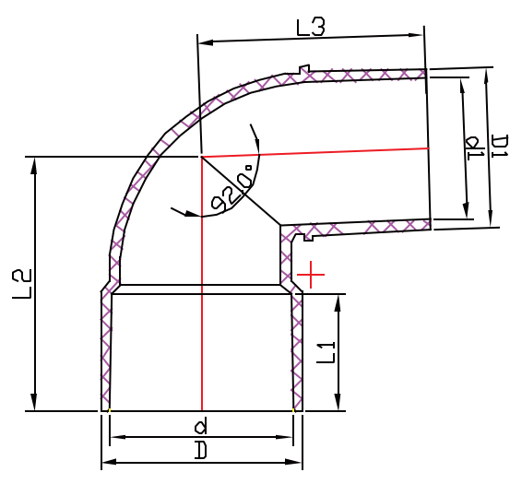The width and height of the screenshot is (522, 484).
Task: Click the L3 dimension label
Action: (311, 27)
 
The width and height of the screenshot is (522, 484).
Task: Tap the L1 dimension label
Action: (326, 351)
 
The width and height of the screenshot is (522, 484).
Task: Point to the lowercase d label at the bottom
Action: (200, 426)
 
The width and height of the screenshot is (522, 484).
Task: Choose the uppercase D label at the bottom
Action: (200, 451)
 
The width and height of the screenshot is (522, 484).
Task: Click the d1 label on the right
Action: (474, 148)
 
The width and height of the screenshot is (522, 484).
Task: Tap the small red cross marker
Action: (311, 275)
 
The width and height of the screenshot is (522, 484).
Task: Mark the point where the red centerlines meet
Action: (201, 157)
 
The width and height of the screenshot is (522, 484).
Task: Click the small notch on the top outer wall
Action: (304, 69)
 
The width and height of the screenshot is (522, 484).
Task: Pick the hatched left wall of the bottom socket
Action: (105, 350)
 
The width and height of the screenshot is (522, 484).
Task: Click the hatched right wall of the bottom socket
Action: (297, 350)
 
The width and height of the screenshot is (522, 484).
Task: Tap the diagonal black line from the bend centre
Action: (242, 191)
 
